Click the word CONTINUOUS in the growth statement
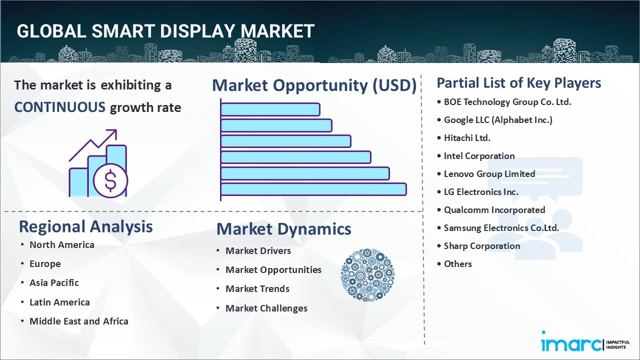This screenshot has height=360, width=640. click(x=59, y=107)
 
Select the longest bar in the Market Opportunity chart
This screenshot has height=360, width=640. click(x=313, y=189)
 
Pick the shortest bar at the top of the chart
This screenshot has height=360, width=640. click(x=270, y=109)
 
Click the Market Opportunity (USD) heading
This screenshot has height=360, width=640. click(x=314, y=85)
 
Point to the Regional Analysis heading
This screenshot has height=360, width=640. click(x=85, y=226)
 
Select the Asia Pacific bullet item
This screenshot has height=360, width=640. click(x=54, y=283)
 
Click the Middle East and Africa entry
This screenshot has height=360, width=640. click(x=78, y=321)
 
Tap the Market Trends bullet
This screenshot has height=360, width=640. click(x=257, y=289)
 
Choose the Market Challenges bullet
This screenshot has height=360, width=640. click(x=266, y=308)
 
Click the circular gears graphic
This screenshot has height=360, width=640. click(x=367, y=275)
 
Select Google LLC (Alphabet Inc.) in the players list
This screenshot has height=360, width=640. click(x=498, y=120)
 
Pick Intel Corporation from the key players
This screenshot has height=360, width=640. click(x=479, y=156)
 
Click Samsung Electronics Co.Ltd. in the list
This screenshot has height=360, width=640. click(x=501, y=228)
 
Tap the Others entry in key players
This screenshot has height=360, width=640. click(x=457, y=264)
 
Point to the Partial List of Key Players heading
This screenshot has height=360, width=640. click(x=518, y=82)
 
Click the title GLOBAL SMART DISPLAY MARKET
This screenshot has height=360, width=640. click(x=165, y=31)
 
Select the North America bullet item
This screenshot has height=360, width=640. click(x=61, y=245)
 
